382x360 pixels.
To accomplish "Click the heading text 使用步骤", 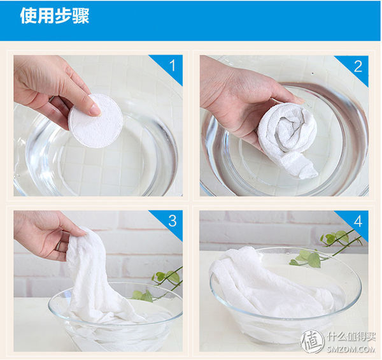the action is (55, 16).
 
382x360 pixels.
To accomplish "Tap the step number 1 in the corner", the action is (173, 66).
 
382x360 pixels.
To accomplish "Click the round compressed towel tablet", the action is (95, 121).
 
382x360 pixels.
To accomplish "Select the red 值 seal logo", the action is (312, 342).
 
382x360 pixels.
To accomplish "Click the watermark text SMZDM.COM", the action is (351, 350).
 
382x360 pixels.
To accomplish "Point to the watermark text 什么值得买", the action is (351, 337).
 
